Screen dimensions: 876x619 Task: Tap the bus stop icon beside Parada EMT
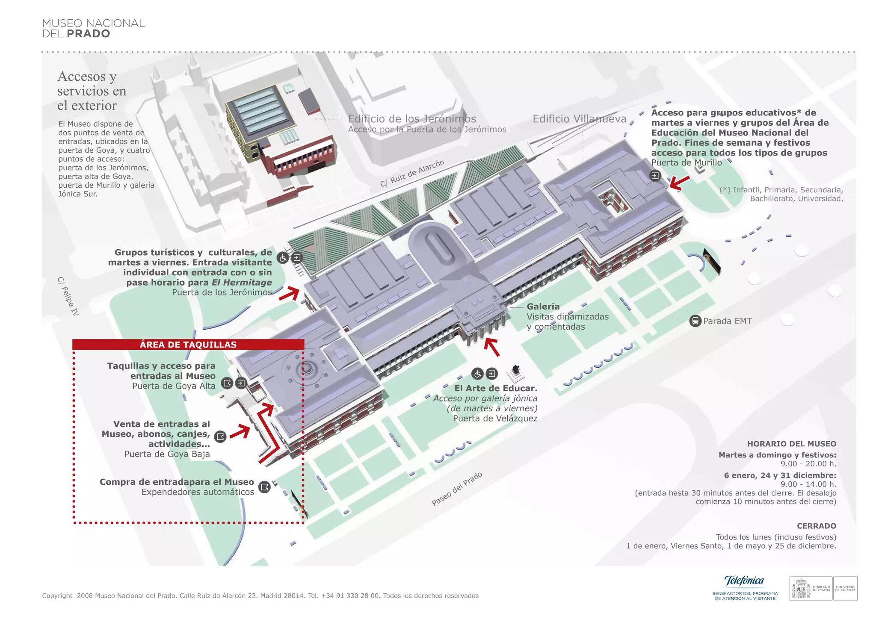click(695, 321)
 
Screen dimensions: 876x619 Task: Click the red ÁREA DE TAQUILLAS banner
click(188, 345)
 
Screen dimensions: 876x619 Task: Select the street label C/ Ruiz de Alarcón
click(412, 174)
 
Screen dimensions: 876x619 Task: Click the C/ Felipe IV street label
click(68, 296)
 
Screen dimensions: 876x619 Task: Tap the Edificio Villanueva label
click(579, 119)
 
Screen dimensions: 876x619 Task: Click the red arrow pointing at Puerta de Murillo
click(679, 183)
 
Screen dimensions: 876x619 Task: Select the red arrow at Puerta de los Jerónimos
click(289, 294)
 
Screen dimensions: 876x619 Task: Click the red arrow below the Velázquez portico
click(492, 347)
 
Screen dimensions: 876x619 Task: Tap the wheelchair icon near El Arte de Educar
click(477, 374)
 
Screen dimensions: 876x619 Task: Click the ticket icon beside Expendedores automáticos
click(265, 487)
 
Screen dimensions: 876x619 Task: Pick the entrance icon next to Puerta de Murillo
click(655, 175)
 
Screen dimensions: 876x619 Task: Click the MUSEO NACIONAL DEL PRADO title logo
click(93, 28)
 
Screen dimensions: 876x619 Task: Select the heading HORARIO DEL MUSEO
click(791, 444)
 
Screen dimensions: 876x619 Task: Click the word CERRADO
click(816, 526)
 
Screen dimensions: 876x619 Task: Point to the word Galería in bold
click(543, 307)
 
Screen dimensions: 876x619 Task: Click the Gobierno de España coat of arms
click(801, 589)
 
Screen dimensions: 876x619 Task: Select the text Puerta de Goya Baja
click(167, 454)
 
